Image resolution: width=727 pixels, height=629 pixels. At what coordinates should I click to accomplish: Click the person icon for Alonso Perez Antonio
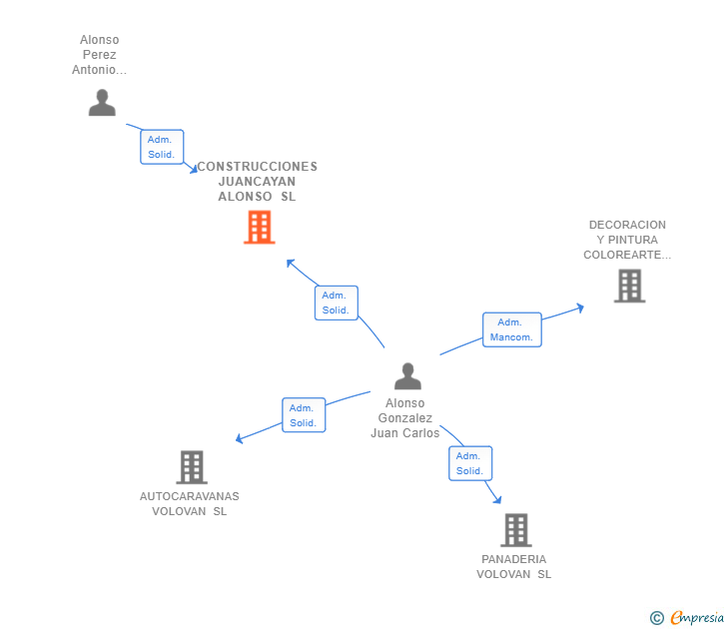(102, 103)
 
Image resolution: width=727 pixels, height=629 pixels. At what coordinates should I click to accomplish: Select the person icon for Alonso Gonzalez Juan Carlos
(407, 376)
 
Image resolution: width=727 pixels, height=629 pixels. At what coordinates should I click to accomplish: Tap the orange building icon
(259, 228)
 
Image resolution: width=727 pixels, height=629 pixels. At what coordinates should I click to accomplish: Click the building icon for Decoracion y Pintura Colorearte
(628, 287)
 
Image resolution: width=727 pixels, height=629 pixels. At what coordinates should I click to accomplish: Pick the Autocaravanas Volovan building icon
(191, 466)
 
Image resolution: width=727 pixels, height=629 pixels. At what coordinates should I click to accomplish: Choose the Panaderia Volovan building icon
(515, 529)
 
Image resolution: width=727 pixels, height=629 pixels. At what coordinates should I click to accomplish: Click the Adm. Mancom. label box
(511, 329)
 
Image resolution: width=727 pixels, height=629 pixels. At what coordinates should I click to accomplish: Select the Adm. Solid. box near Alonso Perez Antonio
(162, 147)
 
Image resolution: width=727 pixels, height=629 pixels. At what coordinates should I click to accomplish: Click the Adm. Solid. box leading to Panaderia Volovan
(470, 463)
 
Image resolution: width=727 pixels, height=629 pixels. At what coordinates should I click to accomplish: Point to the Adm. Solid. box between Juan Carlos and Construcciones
(336, 303)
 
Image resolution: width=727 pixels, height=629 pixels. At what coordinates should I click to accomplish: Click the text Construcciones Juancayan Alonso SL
(257, 182)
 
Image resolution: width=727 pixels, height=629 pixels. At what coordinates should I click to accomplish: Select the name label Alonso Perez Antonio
(100, 55)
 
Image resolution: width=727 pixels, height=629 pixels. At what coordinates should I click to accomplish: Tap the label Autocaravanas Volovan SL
(190, 503)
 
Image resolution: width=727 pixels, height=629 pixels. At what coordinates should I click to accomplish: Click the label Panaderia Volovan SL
(514, 566)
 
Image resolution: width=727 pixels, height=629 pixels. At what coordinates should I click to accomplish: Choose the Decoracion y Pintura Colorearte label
(627, 240)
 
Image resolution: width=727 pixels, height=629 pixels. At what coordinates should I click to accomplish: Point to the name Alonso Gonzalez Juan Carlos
(404, 418)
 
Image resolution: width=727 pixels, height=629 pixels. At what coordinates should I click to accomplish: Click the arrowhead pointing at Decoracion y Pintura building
(578, 308)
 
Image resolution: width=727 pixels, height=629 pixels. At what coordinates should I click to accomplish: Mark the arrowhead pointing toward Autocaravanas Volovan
(240, 438)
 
